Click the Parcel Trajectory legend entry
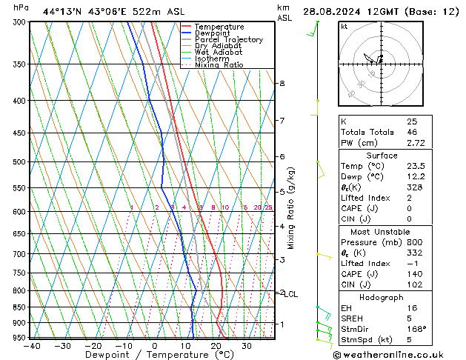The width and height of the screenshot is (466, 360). coord(228,39)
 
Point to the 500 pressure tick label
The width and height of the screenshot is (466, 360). coord(20,161)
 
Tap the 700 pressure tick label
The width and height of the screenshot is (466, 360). coord(20,254)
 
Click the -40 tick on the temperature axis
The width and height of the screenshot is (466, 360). coord(32,346)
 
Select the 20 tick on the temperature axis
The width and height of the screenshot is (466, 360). coord(216,346)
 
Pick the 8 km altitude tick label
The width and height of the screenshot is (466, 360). coord(282,84)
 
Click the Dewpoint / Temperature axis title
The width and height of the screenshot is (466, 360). coord(153,355)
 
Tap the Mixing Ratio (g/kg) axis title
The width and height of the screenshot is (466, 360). coord(291,208)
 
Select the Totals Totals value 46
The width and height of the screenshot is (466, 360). coord(412,131)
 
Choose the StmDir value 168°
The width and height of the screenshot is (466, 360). coord(416,329)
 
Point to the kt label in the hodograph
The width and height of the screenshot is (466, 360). coord(344,26)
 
